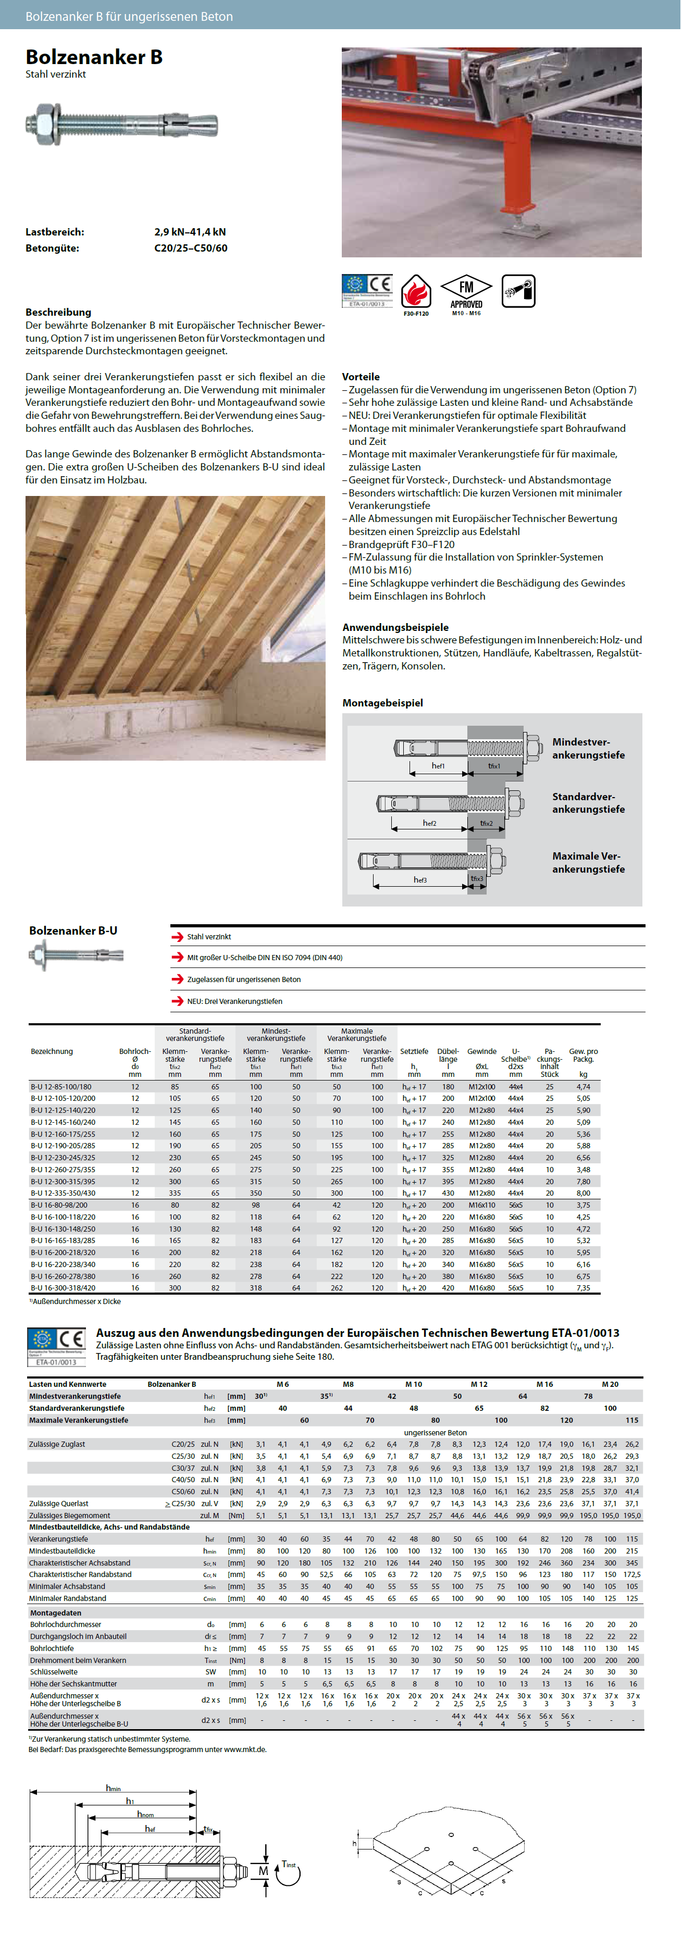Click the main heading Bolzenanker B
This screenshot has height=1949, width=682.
[94, 57]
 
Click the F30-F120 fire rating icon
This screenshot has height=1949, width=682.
[416, 293]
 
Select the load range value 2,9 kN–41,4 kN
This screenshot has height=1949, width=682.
[190, 232]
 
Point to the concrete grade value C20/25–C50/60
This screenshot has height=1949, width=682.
[191, 248]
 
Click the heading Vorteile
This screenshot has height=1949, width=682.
[361, 377]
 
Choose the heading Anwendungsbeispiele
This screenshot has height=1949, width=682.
[395, 627]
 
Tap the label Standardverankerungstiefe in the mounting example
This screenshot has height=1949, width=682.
[588, 803]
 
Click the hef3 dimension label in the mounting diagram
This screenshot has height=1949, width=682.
[420, 880]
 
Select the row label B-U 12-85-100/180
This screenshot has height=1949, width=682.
[61, 1086]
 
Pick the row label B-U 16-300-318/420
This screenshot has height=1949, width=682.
[63, 1288]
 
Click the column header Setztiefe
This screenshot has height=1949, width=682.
[414, 1052]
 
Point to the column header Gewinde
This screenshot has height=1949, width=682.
[481, 1052]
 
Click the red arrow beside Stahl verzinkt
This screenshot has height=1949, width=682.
[177, 937]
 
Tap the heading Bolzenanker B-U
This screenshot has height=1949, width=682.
[73, 930]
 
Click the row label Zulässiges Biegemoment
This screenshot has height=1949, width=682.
[70, 1516]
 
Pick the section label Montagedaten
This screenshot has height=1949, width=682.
[55, 1612]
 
